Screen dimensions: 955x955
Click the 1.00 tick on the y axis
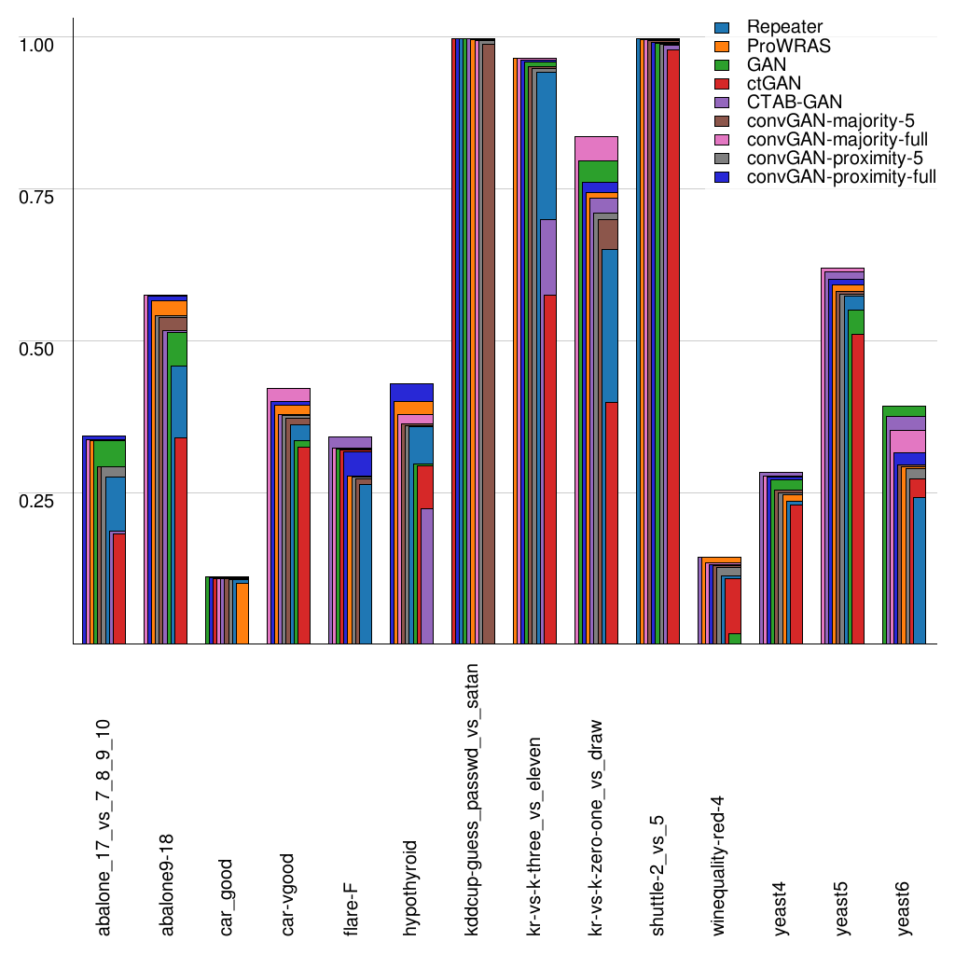38,44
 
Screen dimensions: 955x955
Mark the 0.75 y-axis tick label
38,196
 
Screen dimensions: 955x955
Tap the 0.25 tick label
38,500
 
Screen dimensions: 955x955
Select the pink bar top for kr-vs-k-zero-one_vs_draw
597,147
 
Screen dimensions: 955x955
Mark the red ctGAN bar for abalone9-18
181,540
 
